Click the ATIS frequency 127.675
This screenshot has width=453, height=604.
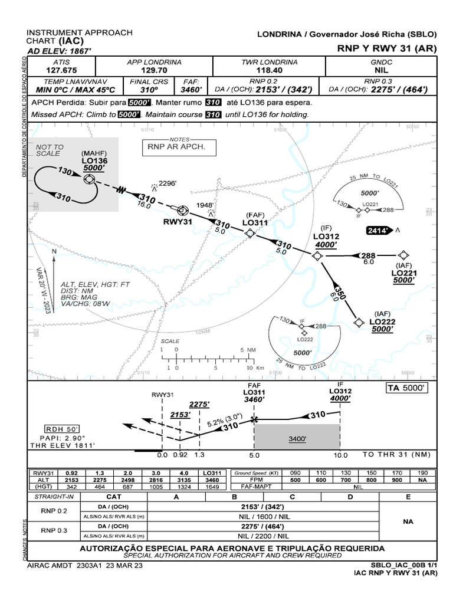coord(61,70)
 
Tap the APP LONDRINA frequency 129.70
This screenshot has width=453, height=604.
coord(154,70)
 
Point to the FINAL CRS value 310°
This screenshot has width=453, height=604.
coord(149,90)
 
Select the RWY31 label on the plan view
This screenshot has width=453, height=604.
coord(178,222)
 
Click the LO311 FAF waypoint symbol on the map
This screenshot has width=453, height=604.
coord(250,234)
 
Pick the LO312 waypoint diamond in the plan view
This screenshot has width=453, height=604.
coord(317,255)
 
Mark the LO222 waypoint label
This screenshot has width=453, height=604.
coord(382,321)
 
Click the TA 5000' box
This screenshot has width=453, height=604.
coord(407,388)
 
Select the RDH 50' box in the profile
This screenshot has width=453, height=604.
coord(61,429)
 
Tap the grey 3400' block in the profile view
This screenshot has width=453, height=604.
coord(297,439)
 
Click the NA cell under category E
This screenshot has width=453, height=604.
coord(408,522)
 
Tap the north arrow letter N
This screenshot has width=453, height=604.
coord(54,251)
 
